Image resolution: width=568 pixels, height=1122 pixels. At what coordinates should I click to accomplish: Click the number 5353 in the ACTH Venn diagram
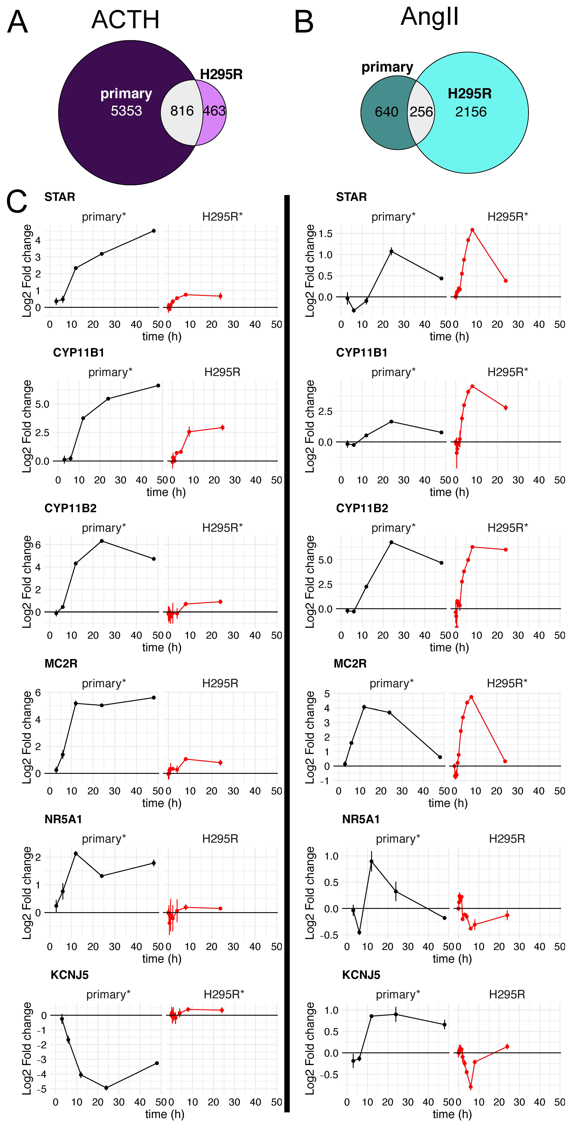pos(126,111)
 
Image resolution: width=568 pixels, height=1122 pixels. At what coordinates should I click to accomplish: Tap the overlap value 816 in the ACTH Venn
pos(182,111)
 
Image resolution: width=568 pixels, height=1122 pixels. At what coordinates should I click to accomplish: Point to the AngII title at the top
pos(429,17)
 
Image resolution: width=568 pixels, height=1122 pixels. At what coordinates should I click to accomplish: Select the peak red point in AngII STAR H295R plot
pos(472,230)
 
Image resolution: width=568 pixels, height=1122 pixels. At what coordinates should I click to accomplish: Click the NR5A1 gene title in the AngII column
pos(361,819)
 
